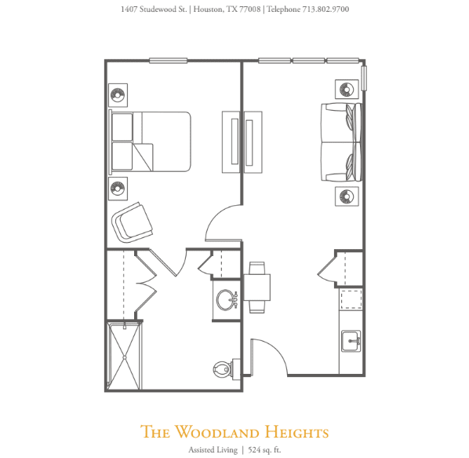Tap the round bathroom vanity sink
(227, 299)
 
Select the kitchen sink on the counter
(351, 341)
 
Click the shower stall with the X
(125, 355)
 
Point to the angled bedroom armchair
(133, 222)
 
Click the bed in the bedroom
(150, 142)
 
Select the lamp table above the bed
(118, 95)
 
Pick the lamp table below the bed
(118, 189)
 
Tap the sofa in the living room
(342, 142)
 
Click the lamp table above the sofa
(347, 89)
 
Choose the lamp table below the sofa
(347, 196)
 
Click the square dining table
(257, 288)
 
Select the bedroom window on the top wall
(169, 60)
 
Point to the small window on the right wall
(364, 79)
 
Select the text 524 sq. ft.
(264, 450)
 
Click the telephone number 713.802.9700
(325, 9)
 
